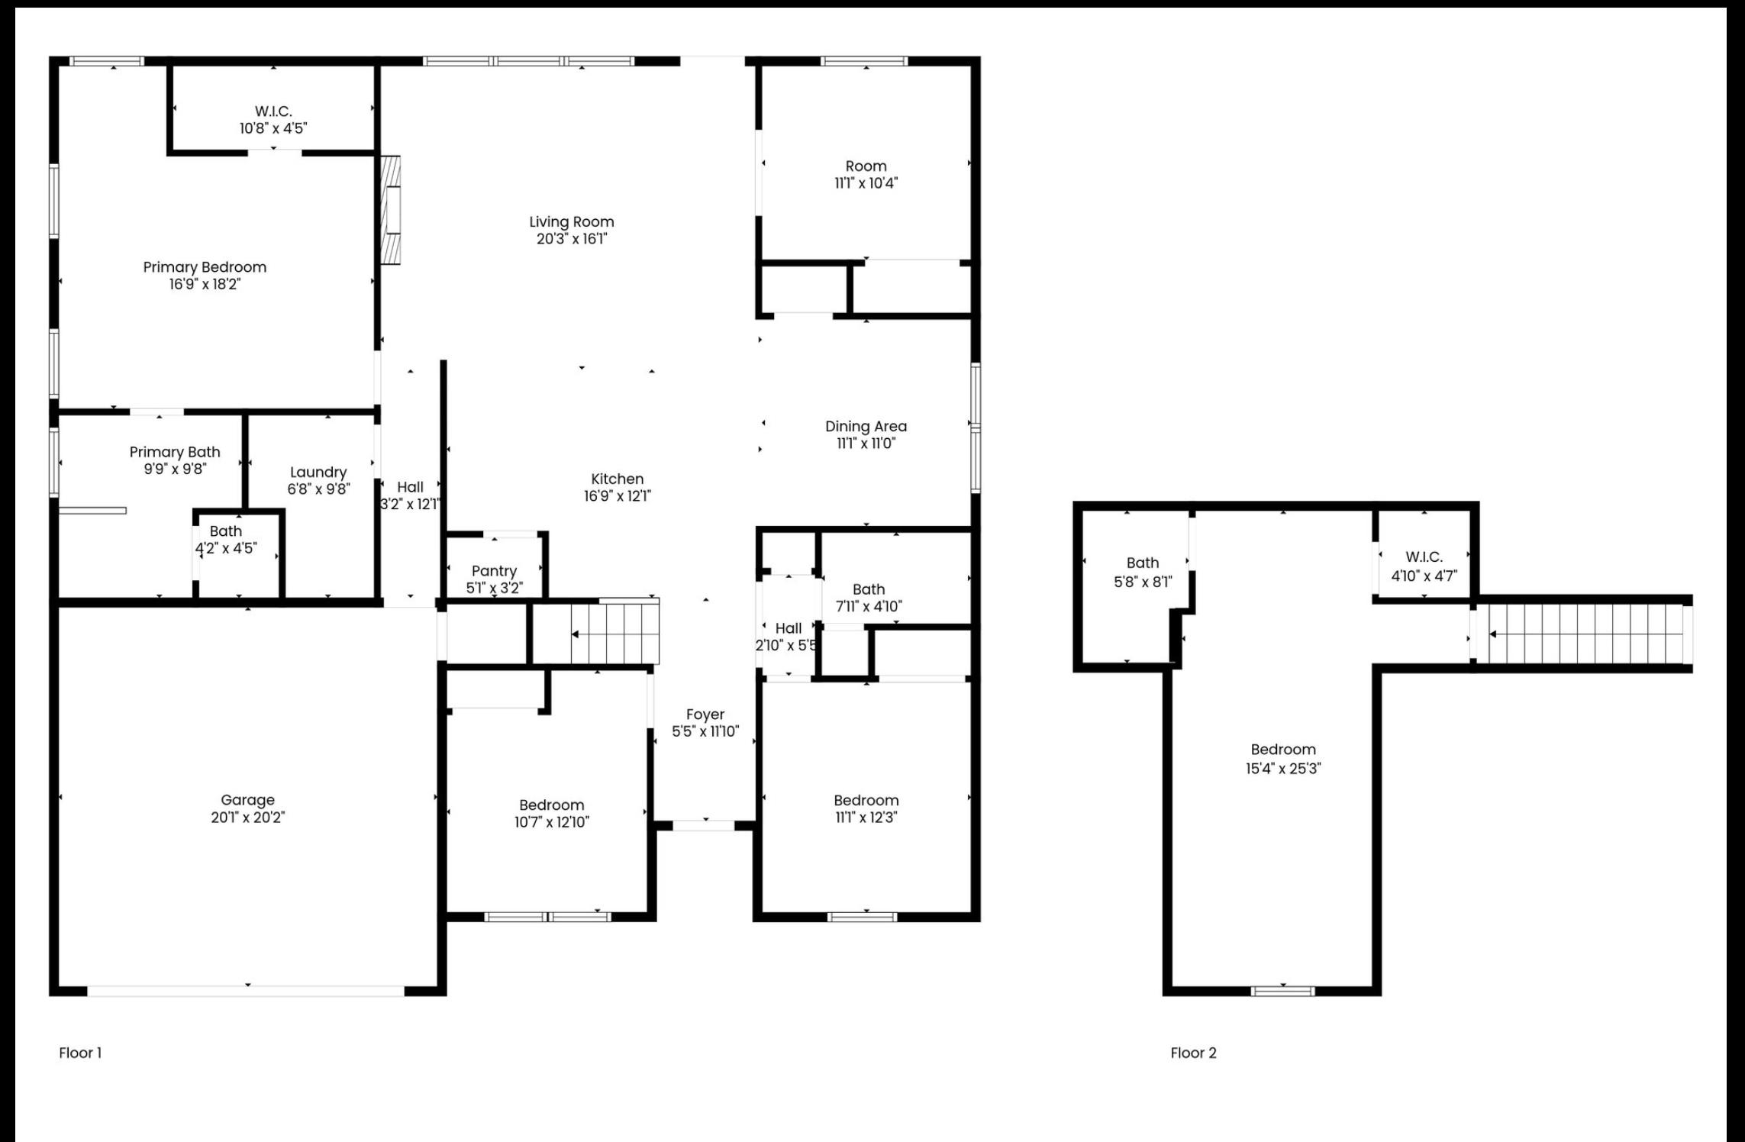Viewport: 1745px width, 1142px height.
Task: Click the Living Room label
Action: point(572,222)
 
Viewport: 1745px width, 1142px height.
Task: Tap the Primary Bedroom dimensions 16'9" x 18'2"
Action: point(205,284)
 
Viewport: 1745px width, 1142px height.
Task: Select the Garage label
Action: point(247,800)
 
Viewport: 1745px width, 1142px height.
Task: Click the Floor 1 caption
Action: point(80,1053)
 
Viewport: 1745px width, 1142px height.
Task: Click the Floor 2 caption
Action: point(1193,1053)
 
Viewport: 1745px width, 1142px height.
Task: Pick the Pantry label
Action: point(494,571)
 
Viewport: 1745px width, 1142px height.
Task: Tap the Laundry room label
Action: point(318,473)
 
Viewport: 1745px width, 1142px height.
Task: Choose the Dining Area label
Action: point(866,427)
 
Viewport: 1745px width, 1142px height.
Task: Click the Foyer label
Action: point(705,715)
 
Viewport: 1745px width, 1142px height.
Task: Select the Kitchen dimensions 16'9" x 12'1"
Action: point(618,495)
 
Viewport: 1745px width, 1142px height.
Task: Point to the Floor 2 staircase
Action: point(1582,634)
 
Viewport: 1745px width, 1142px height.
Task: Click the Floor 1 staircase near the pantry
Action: point(615,634)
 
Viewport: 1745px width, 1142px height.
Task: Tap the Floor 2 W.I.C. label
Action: point(1424,557)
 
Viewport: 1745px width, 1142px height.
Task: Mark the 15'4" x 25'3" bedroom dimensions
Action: point(1283,769)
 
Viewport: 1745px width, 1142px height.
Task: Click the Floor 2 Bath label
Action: point(1143,563)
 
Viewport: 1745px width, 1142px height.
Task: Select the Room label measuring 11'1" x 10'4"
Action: point(866,166)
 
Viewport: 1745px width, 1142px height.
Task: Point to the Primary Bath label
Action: point(175,452)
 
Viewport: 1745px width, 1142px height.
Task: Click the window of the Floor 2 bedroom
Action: point(1282,991)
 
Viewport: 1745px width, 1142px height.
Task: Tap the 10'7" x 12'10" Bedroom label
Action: point(551,805)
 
